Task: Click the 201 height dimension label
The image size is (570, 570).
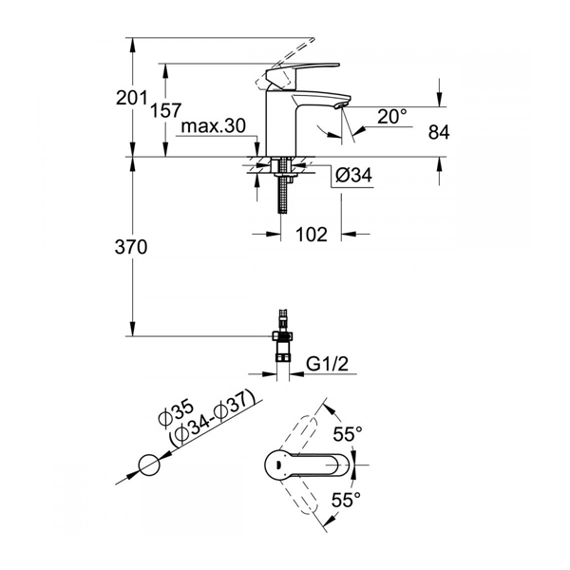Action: (131, 98)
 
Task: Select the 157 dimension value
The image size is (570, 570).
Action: (165, 110)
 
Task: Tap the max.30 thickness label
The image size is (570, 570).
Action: (214, 126)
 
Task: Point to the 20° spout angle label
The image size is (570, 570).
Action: (391, 116)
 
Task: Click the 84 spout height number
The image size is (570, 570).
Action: (439, 132)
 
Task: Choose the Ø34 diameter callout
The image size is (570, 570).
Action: (353, 175)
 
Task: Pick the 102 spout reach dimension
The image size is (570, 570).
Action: (312, 234)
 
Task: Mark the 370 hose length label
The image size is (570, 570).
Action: (131, 247)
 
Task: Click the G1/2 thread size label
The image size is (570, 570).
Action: (327, 364)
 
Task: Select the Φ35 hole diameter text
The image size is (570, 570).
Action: (177, 412)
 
